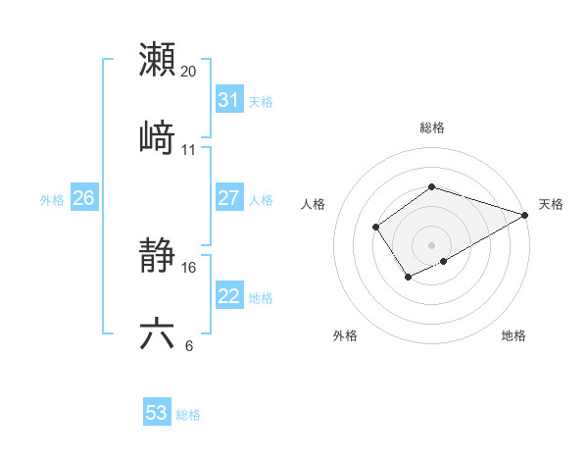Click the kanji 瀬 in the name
[157, 61]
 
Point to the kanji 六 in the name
[157, 334]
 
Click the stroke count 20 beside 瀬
[189, 72]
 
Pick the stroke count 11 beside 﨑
[189, 149]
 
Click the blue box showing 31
[228, 100]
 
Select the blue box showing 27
[228, 198]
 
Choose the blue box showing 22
[228, 296]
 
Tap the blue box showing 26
[83, 198]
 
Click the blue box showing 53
[157, 413]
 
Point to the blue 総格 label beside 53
[188, 415]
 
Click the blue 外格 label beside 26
[52, 200]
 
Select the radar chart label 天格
[551, 204]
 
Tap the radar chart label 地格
[514, 335]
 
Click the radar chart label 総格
[431, 128]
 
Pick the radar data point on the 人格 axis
[376, 228]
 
